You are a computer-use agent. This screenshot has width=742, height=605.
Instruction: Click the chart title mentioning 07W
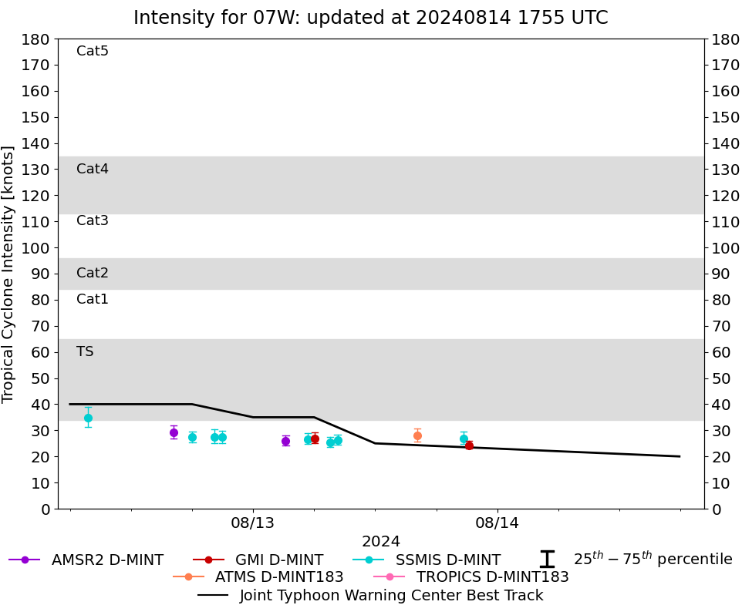pyautogui.click(x=370, y=18)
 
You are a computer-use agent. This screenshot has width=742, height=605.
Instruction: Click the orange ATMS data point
pyautogui.click(x=417, y=435)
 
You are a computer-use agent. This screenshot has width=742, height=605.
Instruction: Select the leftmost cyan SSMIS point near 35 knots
pyautogui.click(x=88, y=418)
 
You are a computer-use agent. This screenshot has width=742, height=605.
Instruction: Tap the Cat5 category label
pyautogui.click(x=93, y=51)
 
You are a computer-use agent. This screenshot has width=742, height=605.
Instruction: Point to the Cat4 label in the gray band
pyautogui.click(x=93, y=169)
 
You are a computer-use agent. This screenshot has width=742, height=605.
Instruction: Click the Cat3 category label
pyautogui.click(x=93, y=220)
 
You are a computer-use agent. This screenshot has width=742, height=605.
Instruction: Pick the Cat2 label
pyautogui.click(x=93, y=273)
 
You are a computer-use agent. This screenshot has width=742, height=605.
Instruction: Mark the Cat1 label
pyautogui.click(x=93, y=299)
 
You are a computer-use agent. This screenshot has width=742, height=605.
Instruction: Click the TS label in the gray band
pyautogui.click(x=85, y=351)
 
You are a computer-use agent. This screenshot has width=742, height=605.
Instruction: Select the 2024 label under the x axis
pyautogui.click(x=381, y=542)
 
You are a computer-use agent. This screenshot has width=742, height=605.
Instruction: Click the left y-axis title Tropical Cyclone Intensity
pyautogui.click(x=8, y=274)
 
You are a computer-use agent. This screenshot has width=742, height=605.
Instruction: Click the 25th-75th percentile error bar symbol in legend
pyautogui.click(x=547, y=560)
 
